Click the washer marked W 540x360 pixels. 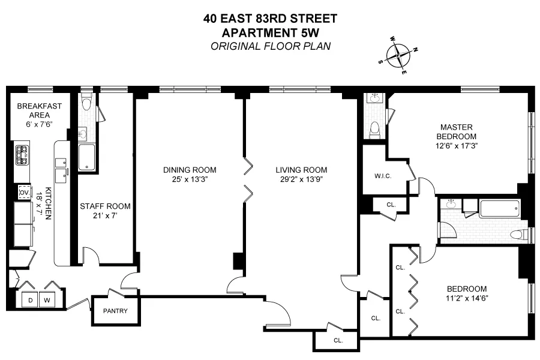pos(47,299)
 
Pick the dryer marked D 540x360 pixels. pos(30,299)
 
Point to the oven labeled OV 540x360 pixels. pos(25,192)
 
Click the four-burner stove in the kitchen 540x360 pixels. pos(22,155)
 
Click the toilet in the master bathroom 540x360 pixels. pos(375,128)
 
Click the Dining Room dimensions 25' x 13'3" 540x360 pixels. pos(189,179)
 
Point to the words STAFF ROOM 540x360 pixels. pos(105,206)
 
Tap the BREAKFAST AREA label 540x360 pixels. pos(40,110)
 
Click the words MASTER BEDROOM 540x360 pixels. pos(457,131)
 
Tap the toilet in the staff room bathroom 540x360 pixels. pos(86,104)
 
